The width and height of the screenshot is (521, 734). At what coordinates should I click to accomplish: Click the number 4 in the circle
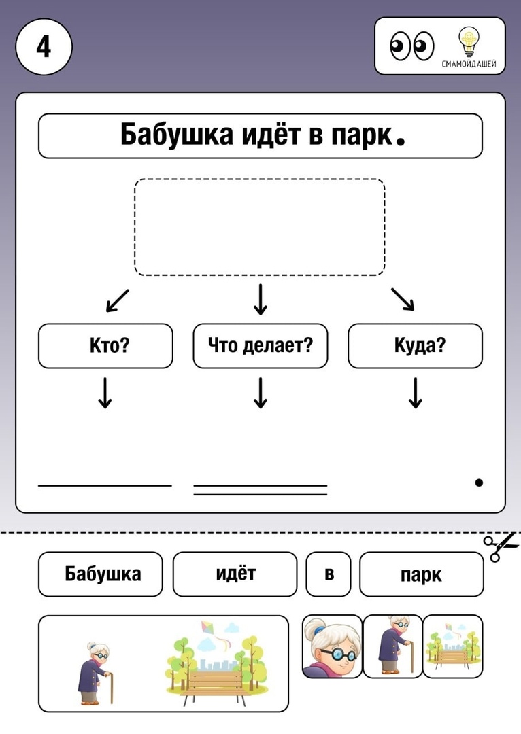point(44,47)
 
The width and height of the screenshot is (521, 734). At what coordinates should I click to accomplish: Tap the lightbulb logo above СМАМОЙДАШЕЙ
point(469,42)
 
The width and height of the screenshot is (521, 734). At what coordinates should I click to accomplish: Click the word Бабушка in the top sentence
point(177,135)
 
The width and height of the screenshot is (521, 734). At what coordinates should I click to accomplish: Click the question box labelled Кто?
point(105,345)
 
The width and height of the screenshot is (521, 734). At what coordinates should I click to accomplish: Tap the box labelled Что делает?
point(260,345)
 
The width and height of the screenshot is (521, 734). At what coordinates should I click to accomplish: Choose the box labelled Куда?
point(415,345)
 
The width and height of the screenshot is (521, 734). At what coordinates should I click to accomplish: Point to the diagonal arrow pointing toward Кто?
point(117,300)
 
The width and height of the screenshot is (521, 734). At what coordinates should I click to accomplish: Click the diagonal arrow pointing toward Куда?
point(403,299)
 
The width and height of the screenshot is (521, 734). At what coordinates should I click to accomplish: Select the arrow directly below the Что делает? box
point(260,394)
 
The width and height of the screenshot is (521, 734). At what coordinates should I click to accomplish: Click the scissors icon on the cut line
point(501,546)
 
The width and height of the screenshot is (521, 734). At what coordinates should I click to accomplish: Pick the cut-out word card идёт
point(235,574)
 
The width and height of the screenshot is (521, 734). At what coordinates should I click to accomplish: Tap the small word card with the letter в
point(329,574)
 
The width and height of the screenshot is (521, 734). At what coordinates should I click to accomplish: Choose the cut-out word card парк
point(421,574)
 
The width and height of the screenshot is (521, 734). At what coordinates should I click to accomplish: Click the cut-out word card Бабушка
point(100,574)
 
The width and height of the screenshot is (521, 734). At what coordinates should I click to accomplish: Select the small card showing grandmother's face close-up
point(332,646)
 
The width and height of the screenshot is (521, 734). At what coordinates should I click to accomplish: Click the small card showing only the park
point(452,646)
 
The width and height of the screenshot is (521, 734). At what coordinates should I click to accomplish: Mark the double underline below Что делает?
point(260,490)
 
